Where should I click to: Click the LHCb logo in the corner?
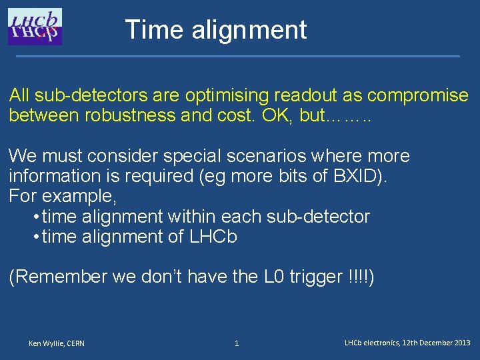[35, 27]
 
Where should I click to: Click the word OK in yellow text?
[275, 115]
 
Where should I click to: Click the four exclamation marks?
[361, 277]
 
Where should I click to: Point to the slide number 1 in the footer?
[236, 343]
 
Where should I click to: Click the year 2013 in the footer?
[462, 343]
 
